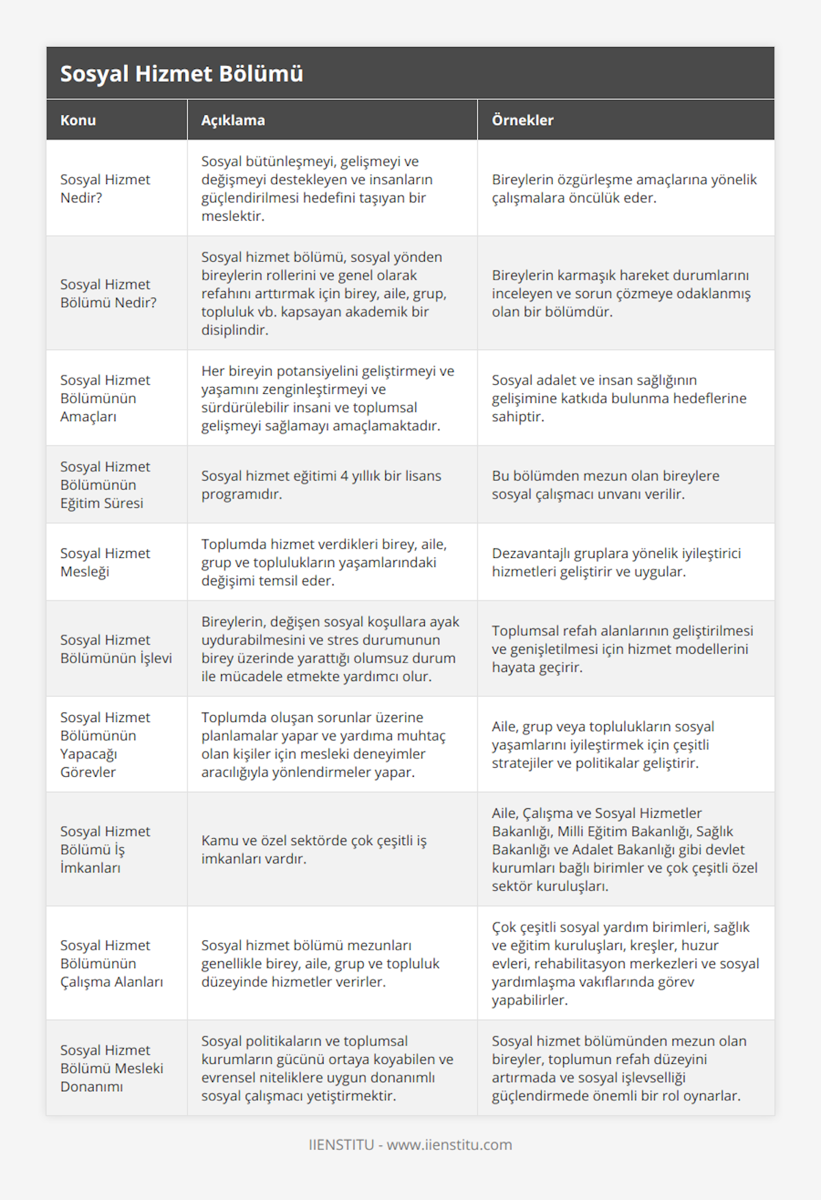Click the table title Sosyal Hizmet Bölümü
[181, 74]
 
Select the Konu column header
[78, 120]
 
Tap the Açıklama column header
[233, 120]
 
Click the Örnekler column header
[522, 120]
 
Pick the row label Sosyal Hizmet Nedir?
[105, 189]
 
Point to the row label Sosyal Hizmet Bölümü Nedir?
[108, 293]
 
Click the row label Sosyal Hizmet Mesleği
[105, 562]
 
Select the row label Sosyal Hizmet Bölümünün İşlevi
[116, 649]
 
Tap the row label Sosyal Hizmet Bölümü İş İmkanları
[105, 849]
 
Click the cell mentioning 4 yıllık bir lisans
[321, 485]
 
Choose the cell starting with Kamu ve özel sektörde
[313, 849]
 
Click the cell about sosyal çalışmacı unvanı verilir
[605, 485]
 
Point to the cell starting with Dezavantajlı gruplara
[616, 562]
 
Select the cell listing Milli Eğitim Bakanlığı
[624, 849]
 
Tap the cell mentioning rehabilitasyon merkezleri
[625, 963]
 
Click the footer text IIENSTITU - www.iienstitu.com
[410, 1145]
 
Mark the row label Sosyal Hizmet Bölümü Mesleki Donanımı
[112, 1068]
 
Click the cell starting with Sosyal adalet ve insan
[618, 398]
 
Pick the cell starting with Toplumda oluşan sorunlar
[323, 745]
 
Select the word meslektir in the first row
[233, 216]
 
